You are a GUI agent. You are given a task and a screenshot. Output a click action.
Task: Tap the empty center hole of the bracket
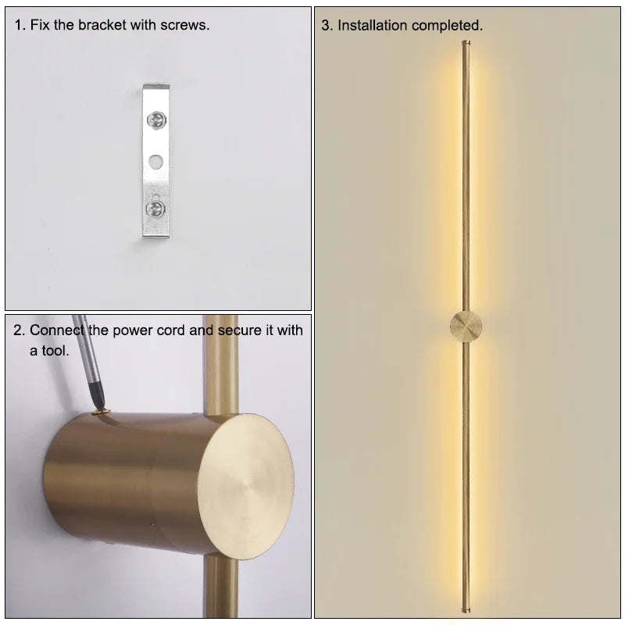[156, 162]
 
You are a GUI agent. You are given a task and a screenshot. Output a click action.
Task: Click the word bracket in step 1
[104, 25]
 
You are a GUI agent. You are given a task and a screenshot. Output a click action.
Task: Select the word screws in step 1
[188, 25]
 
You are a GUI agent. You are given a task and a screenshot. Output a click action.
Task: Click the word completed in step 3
[447, 26]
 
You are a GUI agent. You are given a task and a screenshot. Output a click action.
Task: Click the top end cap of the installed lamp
[466, 43]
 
